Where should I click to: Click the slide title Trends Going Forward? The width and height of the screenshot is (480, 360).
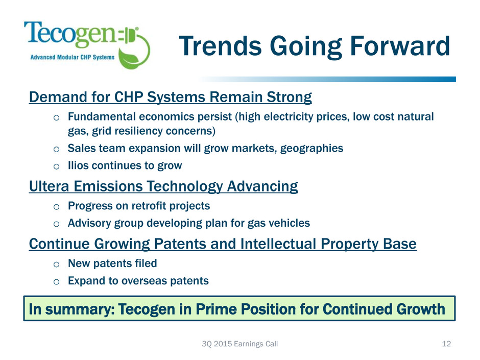point(315,46)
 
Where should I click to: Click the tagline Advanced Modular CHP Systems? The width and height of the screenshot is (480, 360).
point(72,57)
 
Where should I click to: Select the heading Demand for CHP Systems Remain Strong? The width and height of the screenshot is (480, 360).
point(171,97)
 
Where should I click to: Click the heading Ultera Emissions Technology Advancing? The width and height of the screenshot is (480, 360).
point(163,186)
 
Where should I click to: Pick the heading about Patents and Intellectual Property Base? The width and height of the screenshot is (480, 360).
point(223,244)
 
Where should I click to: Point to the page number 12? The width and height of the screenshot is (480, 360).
point(446,344)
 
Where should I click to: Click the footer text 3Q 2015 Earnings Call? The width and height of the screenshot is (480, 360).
point(239,344)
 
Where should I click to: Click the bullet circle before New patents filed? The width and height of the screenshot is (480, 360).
point(56,264)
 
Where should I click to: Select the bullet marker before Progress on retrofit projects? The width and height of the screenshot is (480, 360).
point(56,207)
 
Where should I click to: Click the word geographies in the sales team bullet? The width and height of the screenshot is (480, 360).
point(311,149)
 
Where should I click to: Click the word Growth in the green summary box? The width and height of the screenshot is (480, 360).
point(421,309)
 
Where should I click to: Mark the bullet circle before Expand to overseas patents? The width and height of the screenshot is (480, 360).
point(56,282)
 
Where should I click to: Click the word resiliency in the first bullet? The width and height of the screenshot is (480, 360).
point(133,131)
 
